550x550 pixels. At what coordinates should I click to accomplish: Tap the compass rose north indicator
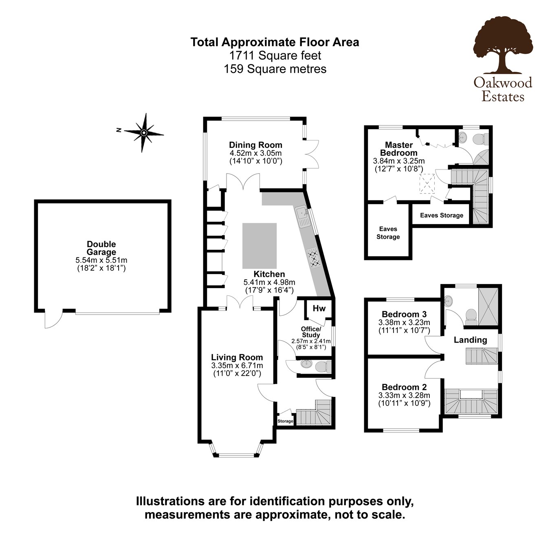143,132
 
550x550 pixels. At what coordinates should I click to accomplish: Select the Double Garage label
101,248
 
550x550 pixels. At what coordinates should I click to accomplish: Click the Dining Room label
255,145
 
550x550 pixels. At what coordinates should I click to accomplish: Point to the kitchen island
260,246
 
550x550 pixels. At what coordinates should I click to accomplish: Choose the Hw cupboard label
319,308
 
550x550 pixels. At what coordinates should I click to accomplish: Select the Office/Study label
311,332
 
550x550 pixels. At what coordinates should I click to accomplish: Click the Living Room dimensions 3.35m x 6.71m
237,365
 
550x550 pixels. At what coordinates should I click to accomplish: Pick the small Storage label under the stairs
285,421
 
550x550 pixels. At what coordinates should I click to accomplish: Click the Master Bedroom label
399,149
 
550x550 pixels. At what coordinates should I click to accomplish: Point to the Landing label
471,340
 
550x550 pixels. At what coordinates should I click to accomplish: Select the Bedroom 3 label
404,314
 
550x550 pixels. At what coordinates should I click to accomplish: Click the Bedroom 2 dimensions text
404,399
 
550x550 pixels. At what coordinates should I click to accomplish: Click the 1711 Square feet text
275,55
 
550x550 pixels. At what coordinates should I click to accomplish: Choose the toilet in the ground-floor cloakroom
323,366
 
